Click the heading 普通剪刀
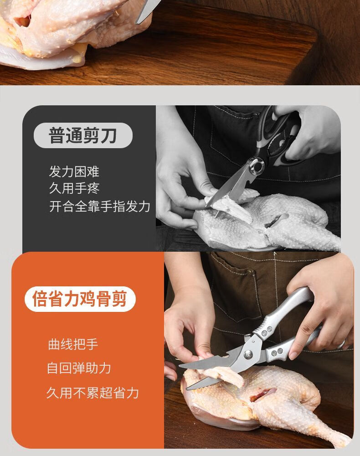pos(83,135)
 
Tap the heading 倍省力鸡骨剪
pos(80,299)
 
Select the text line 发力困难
pos(74,171)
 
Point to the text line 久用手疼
pos(74,188)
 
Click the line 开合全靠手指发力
pos(100,207)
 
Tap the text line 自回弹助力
pos(79,368)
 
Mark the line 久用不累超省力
pos(93,393)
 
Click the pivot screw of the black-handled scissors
pos(257,166)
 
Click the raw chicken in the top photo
pos(58,32)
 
